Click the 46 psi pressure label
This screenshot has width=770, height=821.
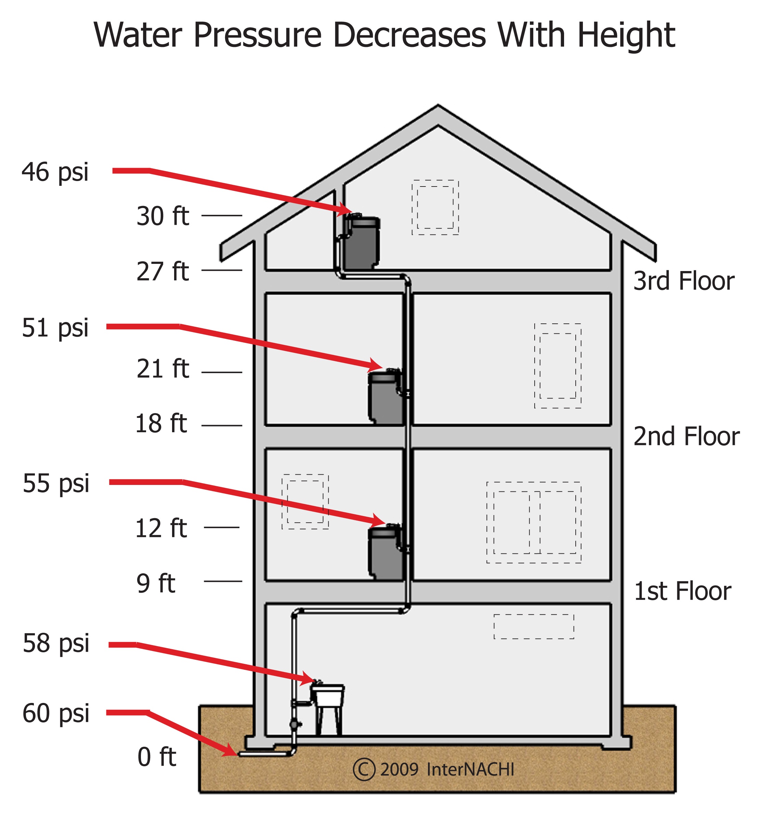[x=55, y=172]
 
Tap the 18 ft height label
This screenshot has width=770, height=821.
[x=161, y=423]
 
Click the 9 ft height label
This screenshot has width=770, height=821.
[x=156, y=583]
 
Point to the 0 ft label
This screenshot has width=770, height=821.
[x=156, y=757]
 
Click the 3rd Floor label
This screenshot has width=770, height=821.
[x=684, y=281]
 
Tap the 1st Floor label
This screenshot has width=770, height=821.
[x=682, y=591]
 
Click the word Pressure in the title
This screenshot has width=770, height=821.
[x=257, y=35]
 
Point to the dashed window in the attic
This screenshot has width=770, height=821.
[x=435, y=207]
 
